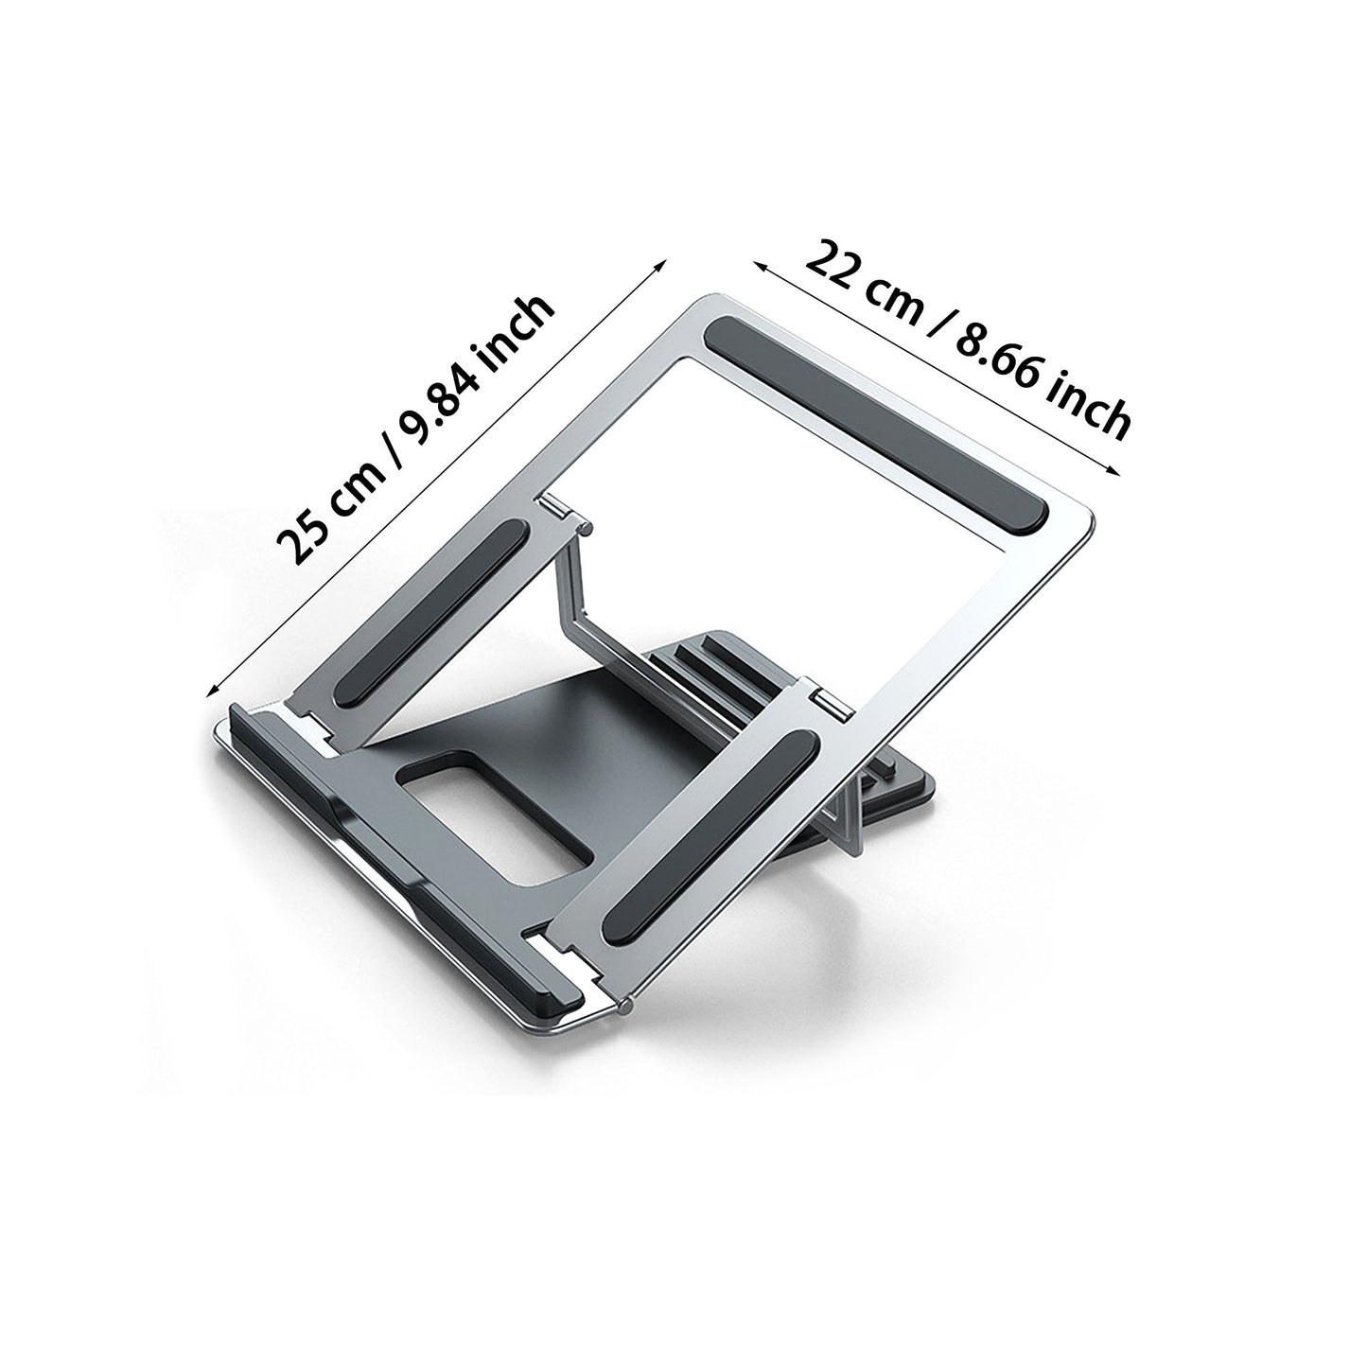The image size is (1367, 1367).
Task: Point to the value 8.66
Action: pos(998,358)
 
